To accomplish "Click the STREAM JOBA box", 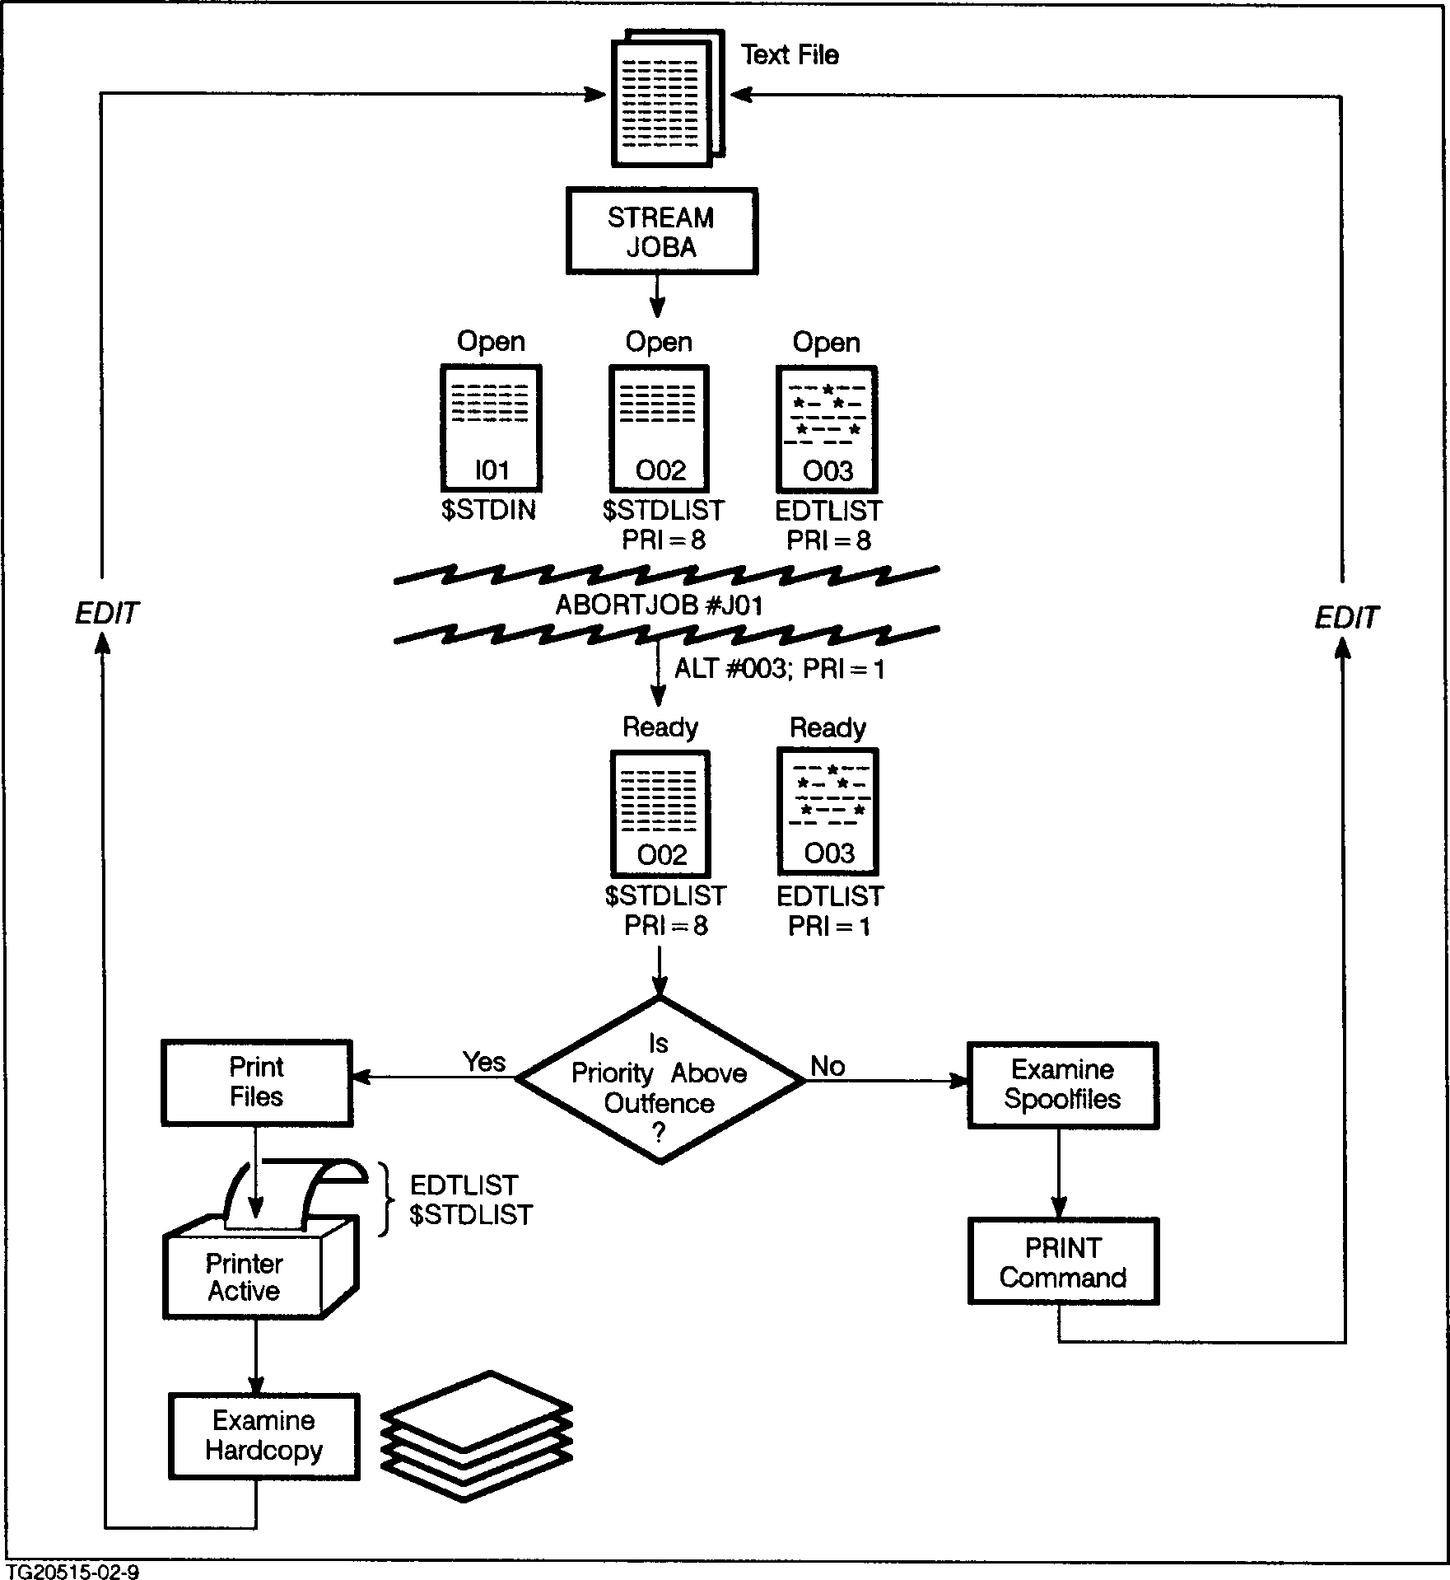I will coord(661,231).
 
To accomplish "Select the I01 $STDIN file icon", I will coord(491,429).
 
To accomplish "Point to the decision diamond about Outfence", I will coord(660,1080).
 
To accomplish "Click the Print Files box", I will coord(257,1082).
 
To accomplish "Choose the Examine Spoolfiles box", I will coord(1062,1085).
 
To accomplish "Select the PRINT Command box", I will coord(1062,1262).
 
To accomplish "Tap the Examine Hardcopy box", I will coord(263,1437).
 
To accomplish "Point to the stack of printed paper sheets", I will coord(476,1434).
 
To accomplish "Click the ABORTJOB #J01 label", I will coord(660,606).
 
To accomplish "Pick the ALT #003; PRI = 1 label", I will coord(779,669).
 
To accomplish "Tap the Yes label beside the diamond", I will coord(483,1062).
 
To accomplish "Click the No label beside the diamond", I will coord(828,1066).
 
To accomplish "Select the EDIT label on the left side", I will coord(107,613).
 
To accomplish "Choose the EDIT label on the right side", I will coord(1346,618).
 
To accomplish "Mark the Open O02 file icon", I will coord(659,429).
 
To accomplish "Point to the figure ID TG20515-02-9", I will coord(72,1572).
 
